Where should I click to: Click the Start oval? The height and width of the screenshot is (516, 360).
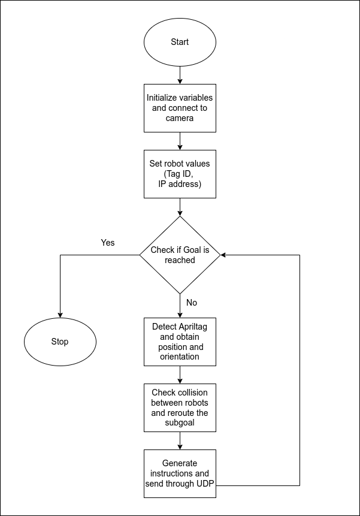click(180, 42)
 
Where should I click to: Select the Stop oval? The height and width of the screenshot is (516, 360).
click(60, 342)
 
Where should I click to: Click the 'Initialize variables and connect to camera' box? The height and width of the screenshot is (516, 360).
click(180, 108)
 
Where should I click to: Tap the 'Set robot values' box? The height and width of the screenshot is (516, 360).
click(180, 174)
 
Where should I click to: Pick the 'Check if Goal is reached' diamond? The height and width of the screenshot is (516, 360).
click(180, 255)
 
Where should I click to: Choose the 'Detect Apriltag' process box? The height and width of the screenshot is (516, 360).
click(180, 342)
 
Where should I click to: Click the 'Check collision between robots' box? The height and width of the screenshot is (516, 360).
click(180, 408)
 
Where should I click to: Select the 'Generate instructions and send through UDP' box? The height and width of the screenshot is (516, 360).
click(180, 473)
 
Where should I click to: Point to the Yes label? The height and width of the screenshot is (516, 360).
click(108, 243)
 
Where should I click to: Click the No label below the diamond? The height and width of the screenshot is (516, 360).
click(192, 303)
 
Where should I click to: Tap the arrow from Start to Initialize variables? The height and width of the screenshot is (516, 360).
click(180, 75)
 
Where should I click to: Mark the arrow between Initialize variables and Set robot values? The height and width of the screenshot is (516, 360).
click(180, 141)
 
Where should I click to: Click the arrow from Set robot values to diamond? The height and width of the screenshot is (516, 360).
click(180, 207)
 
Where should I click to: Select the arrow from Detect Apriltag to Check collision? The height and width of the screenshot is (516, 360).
click(180, 375)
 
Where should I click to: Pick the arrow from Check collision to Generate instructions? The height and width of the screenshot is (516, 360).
click(180, 440)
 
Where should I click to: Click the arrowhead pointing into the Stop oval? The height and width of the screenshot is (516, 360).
click(60, 313)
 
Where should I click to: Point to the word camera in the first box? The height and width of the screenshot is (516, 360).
click(180, 118)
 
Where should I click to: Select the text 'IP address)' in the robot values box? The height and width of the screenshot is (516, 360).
click(180, 184)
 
